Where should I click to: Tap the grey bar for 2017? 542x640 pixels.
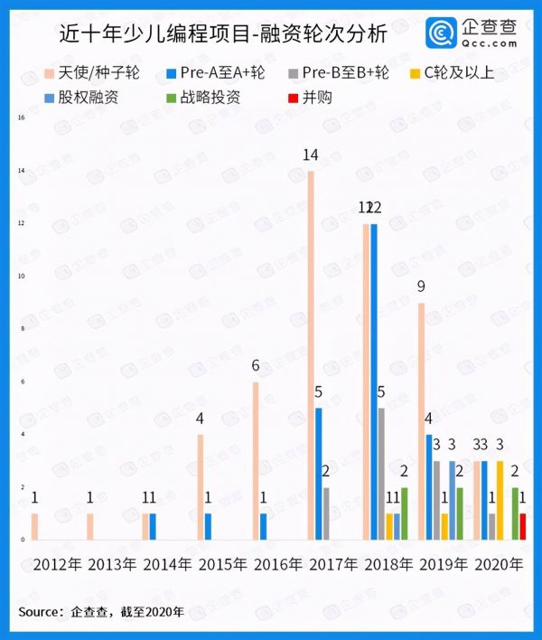325,513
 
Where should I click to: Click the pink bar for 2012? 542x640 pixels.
35,526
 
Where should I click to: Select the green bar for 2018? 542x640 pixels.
403,513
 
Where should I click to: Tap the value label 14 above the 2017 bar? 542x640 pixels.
311,155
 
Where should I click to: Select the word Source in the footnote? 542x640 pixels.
40,612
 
